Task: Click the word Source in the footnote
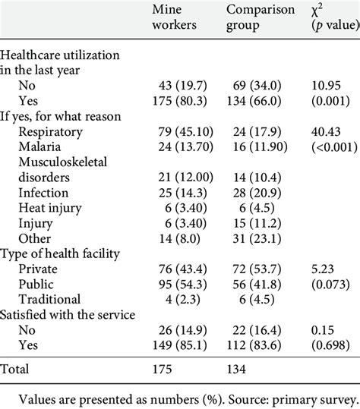point(225,395)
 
